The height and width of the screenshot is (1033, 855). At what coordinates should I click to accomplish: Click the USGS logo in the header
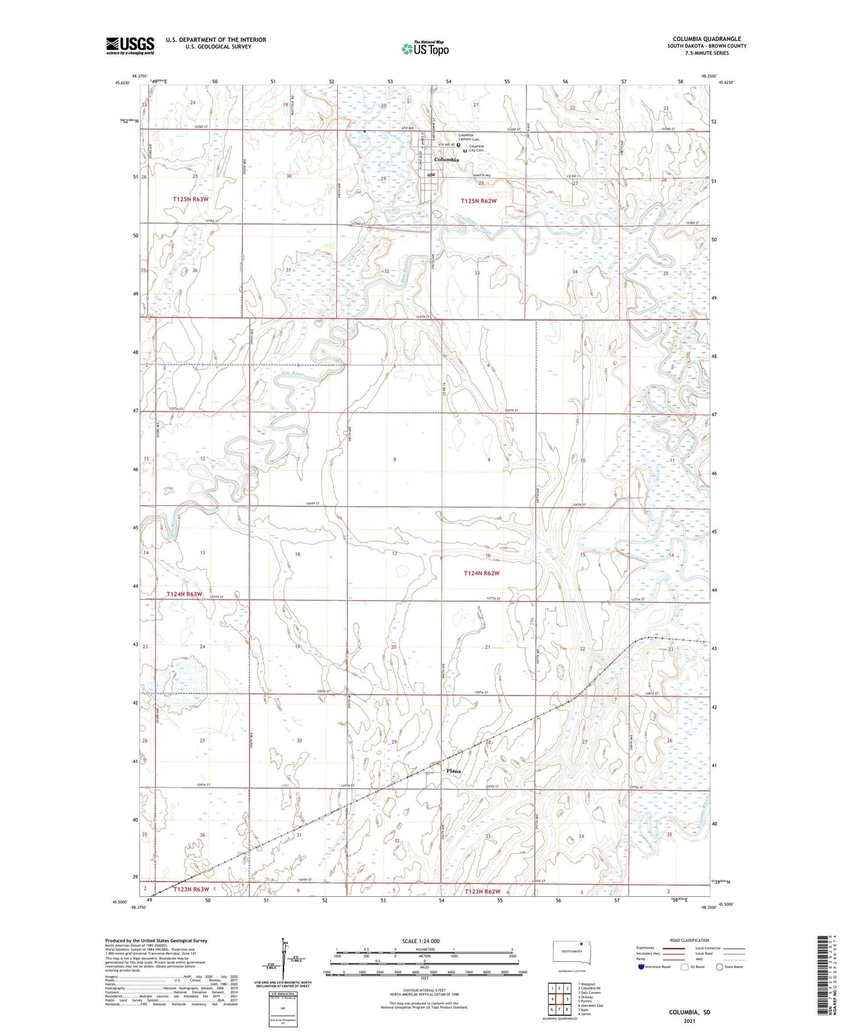(130, 46)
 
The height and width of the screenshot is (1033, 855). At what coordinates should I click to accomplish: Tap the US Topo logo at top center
(425, 49)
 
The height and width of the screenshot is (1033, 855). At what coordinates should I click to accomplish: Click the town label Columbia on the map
(446, 160)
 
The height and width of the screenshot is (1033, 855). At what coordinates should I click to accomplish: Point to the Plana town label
(453, 771)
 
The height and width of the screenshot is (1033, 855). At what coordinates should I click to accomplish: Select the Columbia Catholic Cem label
(469, 137)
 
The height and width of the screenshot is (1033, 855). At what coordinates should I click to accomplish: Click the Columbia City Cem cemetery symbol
(464, 151)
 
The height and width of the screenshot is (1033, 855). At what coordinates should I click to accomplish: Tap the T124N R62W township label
(482, 573)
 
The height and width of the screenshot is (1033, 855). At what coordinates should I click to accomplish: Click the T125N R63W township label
(191, 199)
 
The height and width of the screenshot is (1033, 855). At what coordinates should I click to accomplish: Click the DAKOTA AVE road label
(480, 176)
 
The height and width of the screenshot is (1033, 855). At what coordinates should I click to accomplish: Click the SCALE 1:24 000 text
(421, 941)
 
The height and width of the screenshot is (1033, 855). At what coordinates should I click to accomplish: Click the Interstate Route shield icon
(641, 967)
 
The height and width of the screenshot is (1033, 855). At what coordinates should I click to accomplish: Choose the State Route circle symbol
(720, 967)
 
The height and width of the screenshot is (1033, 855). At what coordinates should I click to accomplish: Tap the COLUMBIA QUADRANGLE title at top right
(706, 39)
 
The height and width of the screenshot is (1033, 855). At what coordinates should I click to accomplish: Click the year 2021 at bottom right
(689, 1021)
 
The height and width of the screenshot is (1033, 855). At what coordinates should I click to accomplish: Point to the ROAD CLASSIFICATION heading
(689, 940)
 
